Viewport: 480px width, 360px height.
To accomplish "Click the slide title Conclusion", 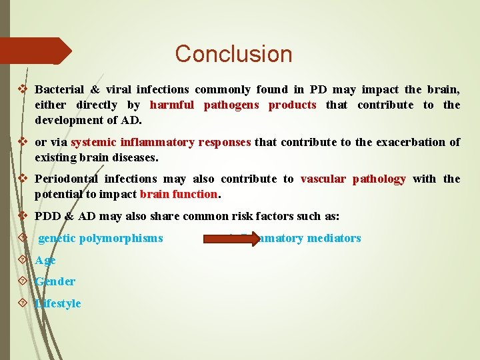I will coord(233,54).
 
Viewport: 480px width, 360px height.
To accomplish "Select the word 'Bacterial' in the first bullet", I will coord(59,89).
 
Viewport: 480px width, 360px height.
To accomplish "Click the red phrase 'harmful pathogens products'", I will coord(233,105).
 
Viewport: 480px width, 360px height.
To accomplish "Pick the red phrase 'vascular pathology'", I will coord(353,179).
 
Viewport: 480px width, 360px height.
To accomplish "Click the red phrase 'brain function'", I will coord(179,195).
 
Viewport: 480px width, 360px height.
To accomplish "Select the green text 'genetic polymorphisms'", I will coord(101,238).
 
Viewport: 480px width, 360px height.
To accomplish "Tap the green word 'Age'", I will coord(45,260).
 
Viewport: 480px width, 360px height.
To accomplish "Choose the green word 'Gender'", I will coord(55,281).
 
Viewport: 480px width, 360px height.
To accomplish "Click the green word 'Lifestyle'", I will coord(58,303).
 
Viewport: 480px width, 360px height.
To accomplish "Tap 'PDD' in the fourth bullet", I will coord(49,216).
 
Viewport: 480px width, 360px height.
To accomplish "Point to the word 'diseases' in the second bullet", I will coord(135,158).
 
